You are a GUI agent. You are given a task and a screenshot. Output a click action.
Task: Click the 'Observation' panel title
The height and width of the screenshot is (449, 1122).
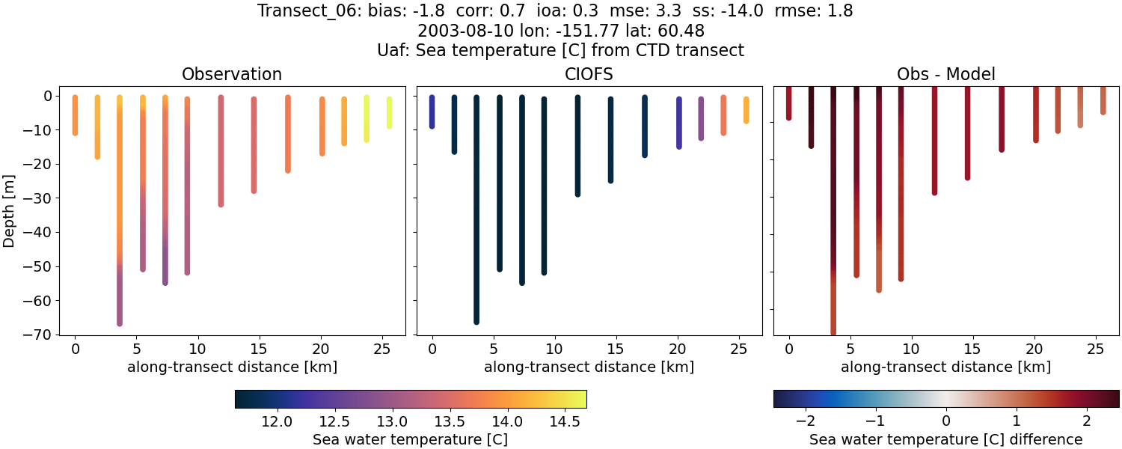pyautogui.click(x=232, y=75)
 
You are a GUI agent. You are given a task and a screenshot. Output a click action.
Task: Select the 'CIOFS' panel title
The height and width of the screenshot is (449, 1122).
pyautogui.click(x=589, y=75)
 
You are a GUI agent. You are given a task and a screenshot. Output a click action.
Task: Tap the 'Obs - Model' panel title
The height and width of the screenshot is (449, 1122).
pyautogui.click(x=945, y=75)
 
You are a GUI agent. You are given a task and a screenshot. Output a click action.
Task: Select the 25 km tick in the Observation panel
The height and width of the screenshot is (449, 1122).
pyautogui.click(x=381, y=348)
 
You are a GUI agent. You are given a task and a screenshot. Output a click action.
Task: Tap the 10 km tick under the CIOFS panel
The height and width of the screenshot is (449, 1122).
pyautogui.click(x=554, y=348)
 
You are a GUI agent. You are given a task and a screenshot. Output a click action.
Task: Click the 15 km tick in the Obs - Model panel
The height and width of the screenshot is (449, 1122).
pyautogui.click(x=972, y=348)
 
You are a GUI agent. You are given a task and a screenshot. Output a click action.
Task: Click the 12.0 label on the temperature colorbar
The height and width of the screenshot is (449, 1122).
pyautogui.click(x=278, y=421)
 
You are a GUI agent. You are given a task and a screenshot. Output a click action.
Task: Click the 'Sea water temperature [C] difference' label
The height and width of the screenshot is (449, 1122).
pyautogui.click(x=945, y=439)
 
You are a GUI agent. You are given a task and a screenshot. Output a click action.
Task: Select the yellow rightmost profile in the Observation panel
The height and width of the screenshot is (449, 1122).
pyautogui.click(x=389, y=112)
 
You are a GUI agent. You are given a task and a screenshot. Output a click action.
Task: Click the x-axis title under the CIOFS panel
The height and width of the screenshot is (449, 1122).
pyautogui.click(x=589, y=367)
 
